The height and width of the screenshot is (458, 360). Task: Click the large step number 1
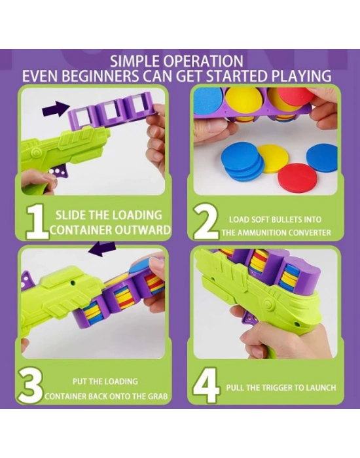37,221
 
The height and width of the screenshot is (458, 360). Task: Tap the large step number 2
206,221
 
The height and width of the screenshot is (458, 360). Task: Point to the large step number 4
206,385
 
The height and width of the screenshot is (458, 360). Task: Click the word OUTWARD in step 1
142,230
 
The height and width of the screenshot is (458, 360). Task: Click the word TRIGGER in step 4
275,388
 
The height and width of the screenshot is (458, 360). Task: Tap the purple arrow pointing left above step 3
102,248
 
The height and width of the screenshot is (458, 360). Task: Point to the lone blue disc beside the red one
322,158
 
